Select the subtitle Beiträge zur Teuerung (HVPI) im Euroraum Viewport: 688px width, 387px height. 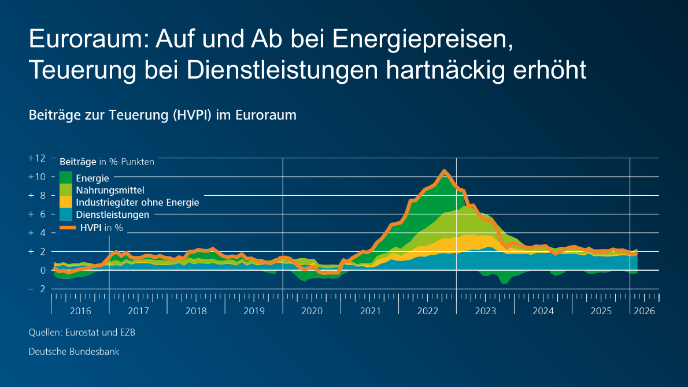162,115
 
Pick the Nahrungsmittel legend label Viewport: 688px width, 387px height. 110,189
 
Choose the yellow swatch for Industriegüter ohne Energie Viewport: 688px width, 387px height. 66,202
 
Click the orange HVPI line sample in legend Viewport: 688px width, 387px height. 68,228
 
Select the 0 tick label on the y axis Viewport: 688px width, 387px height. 42,270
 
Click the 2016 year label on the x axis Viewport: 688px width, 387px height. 80,311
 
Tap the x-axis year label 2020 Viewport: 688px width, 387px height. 312,311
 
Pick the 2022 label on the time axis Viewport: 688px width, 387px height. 427,311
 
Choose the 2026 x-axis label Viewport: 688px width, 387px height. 644,311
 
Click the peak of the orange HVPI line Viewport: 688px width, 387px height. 444,171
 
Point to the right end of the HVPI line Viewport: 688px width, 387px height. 636,253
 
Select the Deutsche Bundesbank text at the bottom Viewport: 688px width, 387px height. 74,351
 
